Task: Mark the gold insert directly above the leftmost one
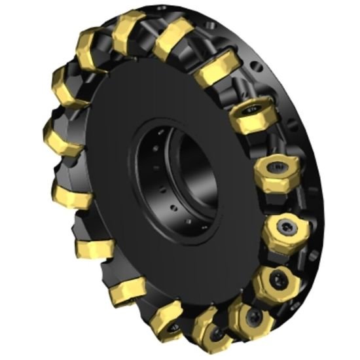68,86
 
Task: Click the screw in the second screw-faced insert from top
275,171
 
